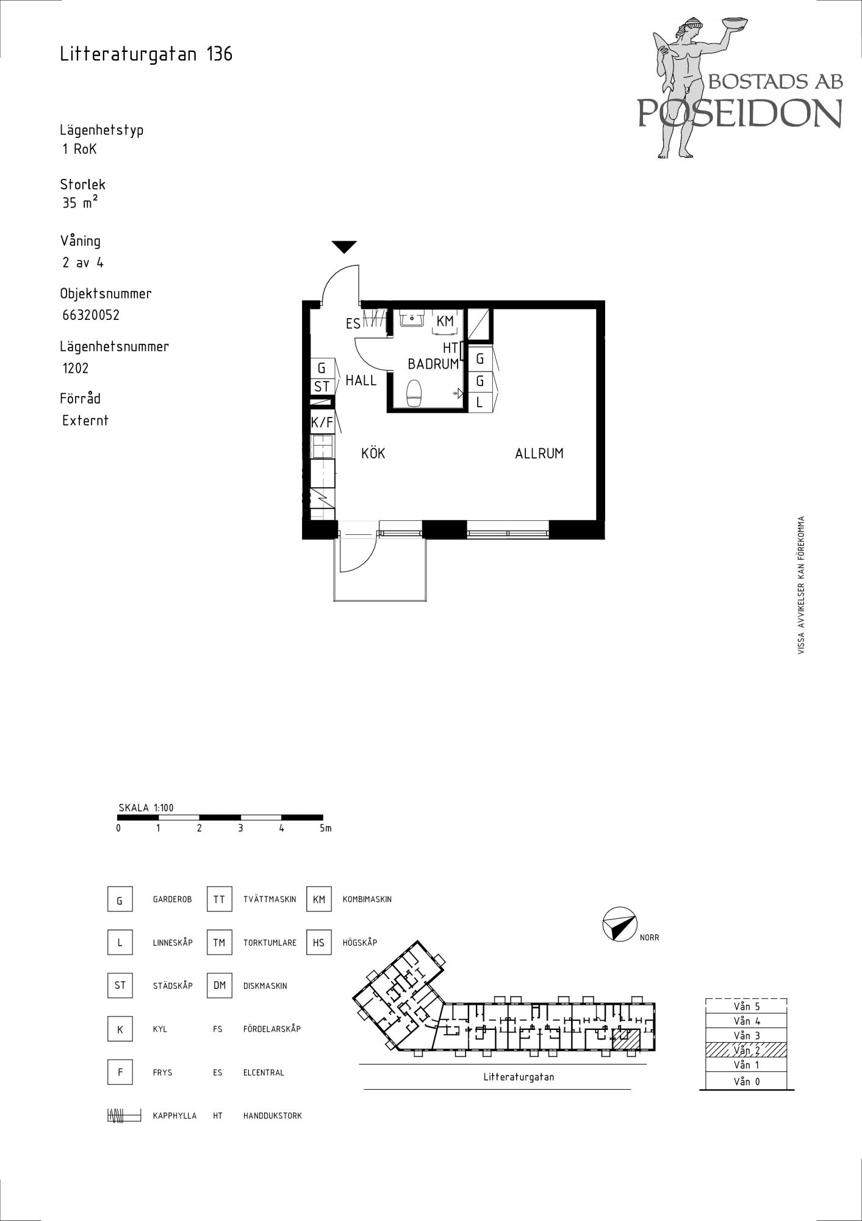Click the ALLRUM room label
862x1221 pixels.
(539, 454)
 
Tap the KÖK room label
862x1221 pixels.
(373, 454)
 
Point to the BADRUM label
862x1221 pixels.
(433, 364)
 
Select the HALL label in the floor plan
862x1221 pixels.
(361, 380)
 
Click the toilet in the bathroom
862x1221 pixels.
(414, 393)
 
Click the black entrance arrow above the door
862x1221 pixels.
(344, 247)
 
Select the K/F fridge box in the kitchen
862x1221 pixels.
(322, 421)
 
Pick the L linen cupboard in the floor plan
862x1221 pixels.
(480, 403)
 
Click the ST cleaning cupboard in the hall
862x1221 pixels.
(321, 386)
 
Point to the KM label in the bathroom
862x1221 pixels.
(445, 321)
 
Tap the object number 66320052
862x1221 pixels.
(91, 315)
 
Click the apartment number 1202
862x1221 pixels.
(76, 368)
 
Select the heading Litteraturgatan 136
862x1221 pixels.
(146, 54)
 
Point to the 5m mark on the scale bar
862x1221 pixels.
(326, 828)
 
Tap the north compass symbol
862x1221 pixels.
(619, 924)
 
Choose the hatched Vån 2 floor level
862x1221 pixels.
(746, 1050)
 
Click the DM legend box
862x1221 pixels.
(220, 986)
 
